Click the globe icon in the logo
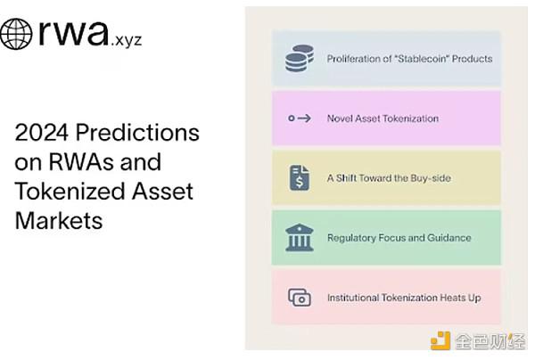16,34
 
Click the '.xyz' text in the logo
127,41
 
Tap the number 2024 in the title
42,132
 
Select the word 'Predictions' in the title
137,132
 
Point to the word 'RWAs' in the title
80,161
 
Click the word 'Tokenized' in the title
70,191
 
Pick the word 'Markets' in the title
59,220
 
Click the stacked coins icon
300,58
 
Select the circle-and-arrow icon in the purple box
300,119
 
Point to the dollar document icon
300,177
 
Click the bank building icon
300,237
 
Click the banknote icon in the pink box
300,298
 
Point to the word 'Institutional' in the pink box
353,298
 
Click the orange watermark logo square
440,340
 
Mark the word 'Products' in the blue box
473,59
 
